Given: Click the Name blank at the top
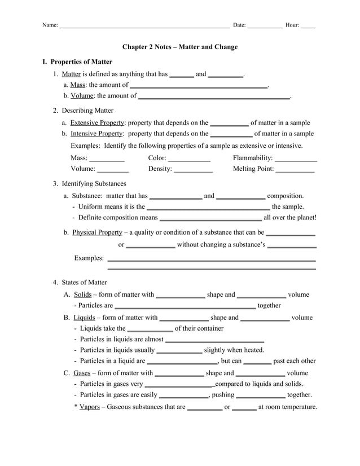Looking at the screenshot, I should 144,26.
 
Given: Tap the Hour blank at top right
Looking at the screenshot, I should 308,26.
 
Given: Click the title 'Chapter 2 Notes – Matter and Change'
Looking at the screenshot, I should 180,47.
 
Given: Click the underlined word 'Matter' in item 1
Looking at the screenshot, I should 71,74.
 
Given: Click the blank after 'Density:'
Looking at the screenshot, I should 194,169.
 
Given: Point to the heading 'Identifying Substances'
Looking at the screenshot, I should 94,183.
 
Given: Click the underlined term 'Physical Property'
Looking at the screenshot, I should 97,232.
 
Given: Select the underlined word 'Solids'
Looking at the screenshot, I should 82,294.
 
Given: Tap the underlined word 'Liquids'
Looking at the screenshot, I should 85,317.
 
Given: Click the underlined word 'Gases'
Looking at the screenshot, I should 82,373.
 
